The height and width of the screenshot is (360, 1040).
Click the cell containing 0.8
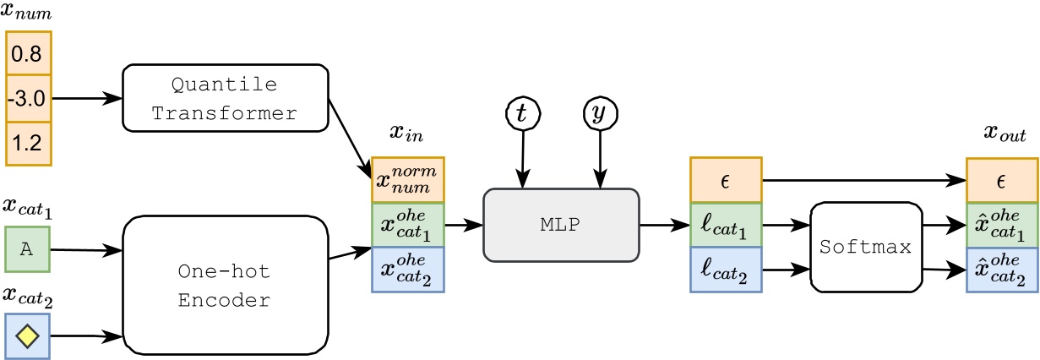(29, 54)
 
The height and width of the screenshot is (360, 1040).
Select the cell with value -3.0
(29, 98)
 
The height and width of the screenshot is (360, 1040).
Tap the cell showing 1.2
(29, 143)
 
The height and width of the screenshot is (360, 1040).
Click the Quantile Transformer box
(225, 98)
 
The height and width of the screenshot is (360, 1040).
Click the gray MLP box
(561, 225)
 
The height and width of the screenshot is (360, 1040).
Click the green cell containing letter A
(27, 249)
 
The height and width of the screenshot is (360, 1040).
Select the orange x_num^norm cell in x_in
(408, 180)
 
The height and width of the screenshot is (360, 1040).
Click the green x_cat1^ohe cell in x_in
(408, 225)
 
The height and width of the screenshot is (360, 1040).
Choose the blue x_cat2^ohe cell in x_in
(408, 270)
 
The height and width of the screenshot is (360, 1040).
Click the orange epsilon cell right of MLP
(726, 179)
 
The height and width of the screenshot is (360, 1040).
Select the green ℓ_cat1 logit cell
(726, 225)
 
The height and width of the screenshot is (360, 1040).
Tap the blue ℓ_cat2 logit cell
(726, 270)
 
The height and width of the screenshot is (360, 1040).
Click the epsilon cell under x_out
(1003, 179)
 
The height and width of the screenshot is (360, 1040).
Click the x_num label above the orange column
(27, 12)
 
